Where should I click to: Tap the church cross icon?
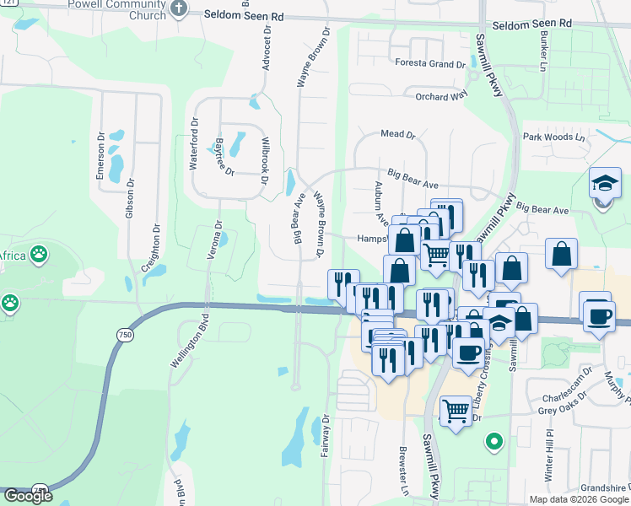[178, 8]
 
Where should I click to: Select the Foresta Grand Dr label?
[430, 64]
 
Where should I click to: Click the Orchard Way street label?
[441, 97]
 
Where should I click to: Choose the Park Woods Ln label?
[553, 137]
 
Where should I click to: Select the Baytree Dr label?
[225, 156]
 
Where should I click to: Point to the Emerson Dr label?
[100, 163]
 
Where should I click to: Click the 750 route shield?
[125, 335]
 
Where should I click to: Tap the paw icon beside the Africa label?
[39, 252]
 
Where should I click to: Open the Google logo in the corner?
[28, 496]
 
